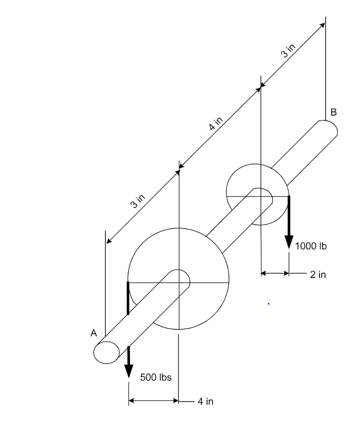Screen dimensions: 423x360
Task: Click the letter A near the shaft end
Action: (x=94, y=333)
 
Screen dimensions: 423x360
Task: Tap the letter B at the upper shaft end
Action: (x=334, y=112)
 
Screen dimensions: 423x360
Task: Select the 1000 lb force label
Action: (x=311, y=247)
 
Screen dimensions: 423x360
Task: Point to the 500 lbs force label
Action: (x=156, y=377)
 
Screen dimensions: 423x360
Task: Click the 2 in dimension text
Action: (x=318, y=274)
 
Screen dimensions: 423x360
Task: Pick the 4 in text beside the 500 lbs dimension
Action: (x=205, y=401)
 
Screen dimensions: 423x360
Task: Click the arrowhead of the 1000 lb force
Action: (x=289, y=243)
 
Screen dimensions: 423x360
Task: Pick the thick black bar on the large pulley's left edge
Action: (x=128, y=298)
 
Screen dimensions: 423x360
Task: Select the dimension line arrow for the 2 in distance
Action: (x=275, y=273)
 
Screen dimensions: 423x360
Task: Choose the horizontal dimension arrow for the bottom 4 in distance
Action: (x=153, y=400)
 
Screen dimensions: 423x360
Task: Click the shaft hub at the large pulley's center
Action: (x=179, y=279)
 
